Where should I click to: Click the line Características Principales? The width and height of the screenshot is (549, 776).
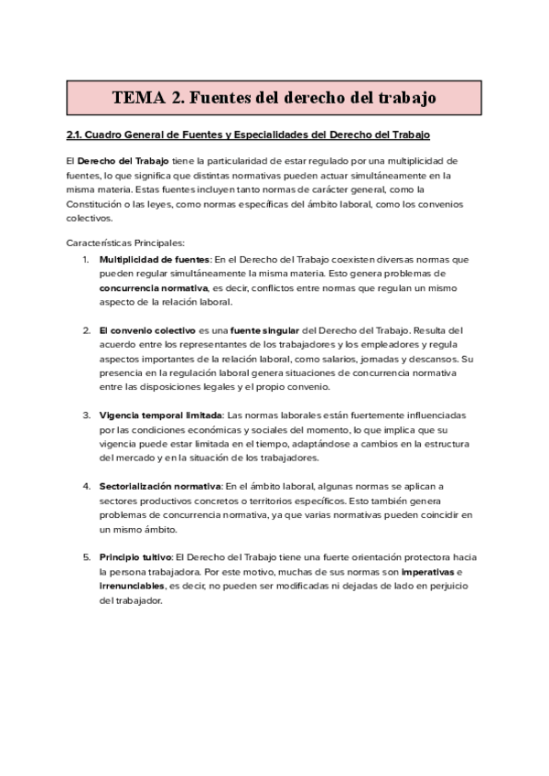tap(125, 242)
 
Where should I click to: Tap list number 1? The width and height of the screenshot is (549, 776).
tap(85, 260)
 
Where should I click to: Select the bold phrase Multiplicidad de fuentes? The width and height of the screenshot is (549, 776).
tap(155, 260)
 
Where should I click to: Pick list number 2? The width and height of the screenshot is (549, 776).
tap(85, 329)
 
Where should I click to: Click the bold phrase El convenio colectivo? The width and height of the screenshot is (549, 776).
tap(146, 329)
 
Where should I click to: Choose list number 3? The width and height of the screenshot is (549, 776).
tap(85, 414)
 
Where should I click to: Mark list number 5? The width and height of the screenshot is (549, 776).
tap(85, 557)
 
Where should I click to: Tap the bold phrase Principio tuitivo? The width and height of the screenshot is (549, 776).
tap(135, 557)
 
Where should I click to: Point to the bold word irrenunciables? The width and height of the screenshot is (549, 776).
tap(131, 586)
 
